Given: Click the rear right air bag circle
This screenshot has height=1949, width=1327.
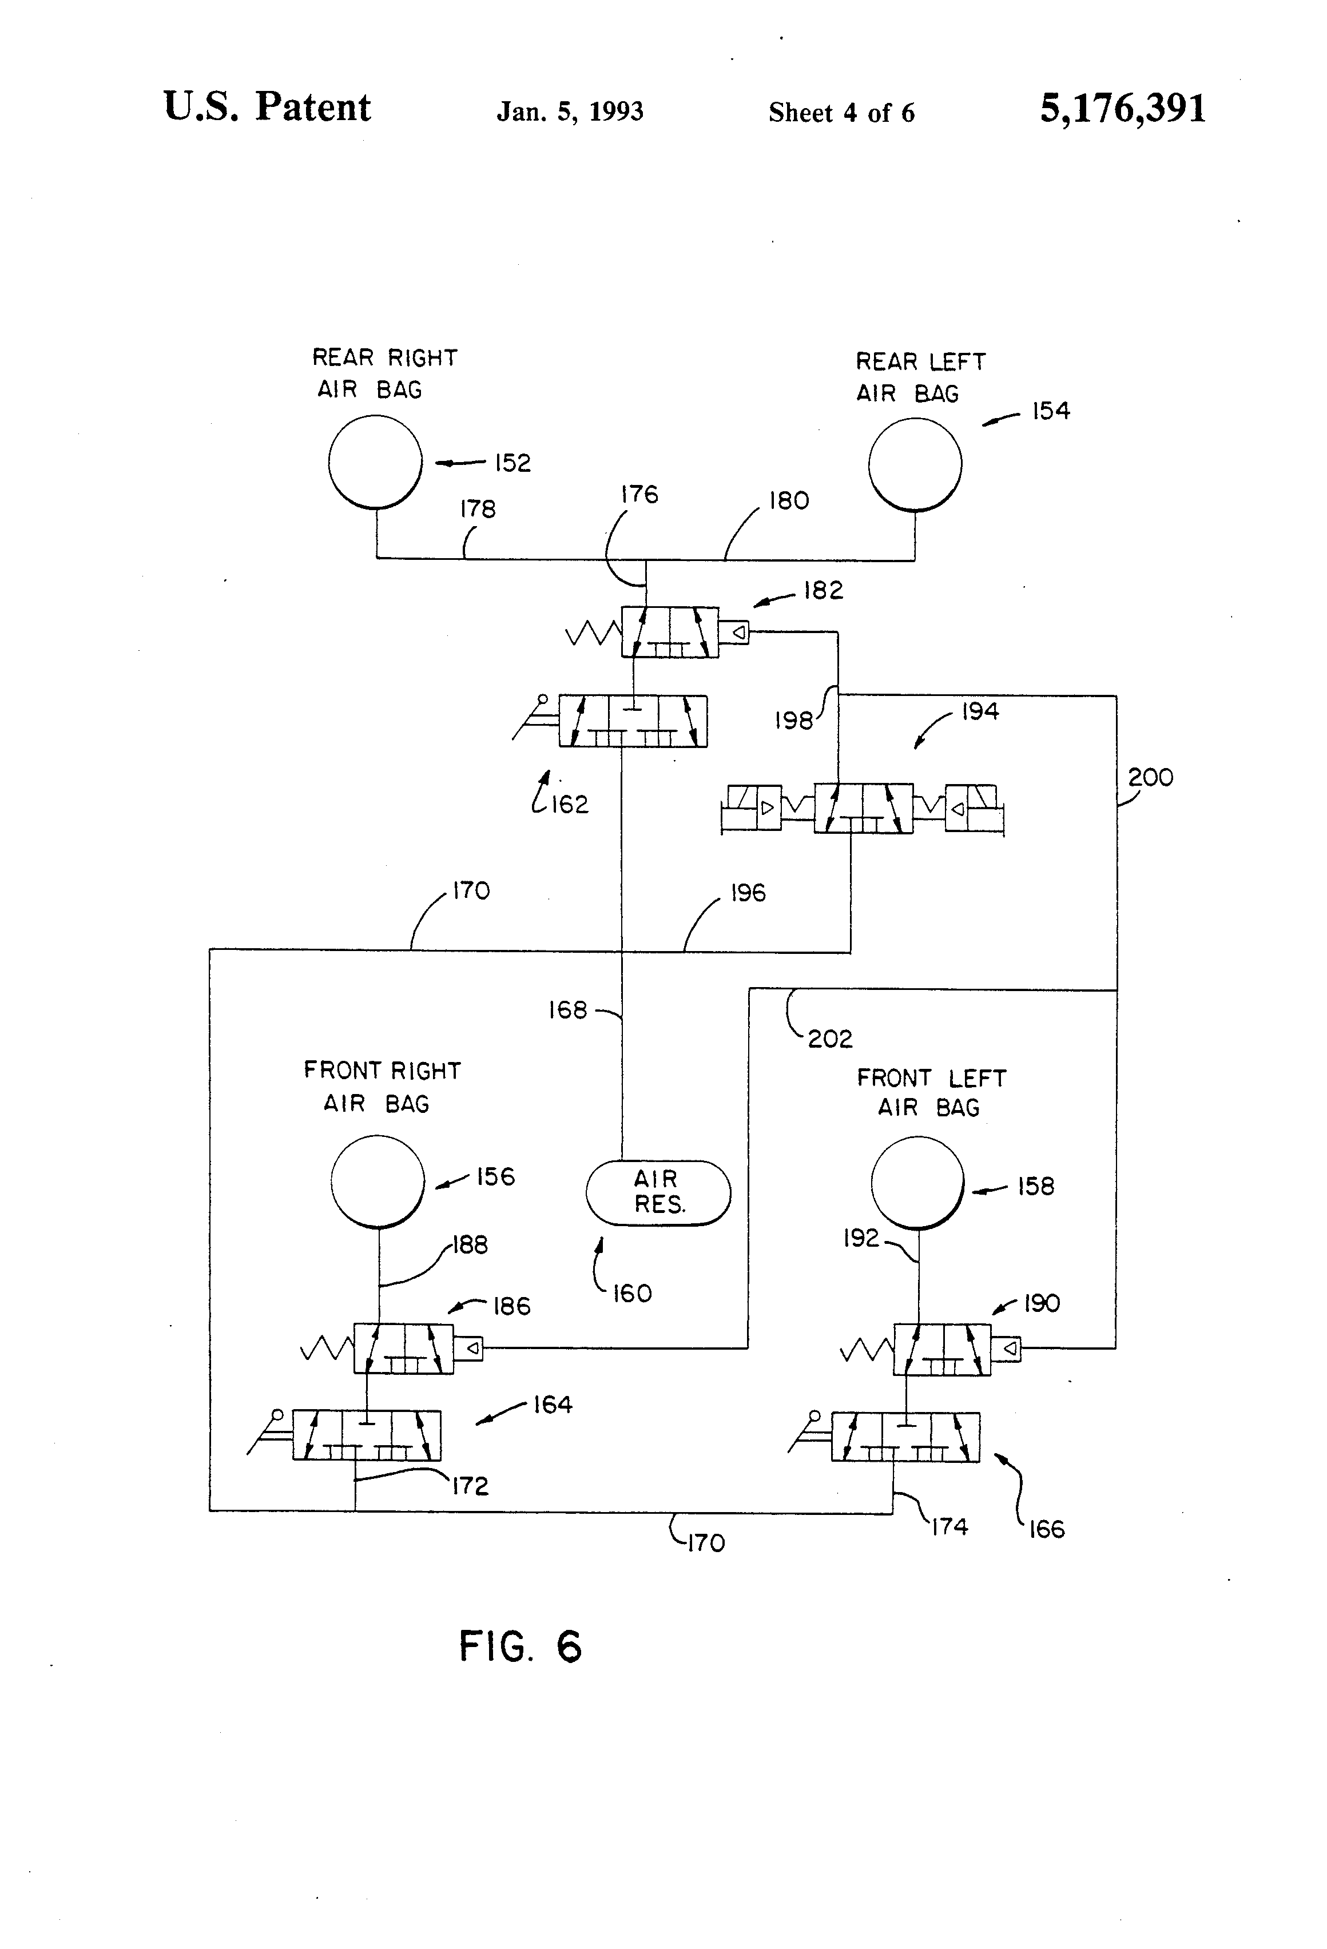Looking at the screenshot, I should point(375,462).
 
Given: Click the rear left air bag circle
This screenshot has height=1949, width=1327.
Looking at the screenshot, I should point(915,464).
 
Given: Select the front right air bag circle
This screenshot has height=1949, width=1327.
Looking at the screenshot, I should point(378,1181).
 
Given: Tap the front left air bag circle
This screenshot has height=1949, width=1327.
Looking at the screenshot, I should point(917,1183).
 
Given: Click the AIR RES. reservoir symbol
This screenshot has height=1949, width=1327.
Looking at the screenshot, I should point(658,1192).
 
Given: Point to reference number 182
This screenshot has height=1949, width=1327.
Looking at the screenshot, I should point(823,590).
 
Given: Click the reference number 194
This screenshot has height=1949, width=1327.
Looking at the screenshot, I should point(980,711).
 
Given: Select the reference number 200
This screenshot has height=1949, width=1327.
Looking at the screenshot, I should point(1150,777).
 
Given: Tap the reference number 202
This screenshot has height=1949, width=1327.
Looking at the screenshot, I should point(829,1039).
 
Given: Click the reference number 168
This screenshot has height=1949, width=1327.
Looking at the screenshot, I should point(568,1010).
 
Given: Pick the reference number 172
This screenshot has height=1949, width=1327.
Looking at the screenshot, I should point(470,1486).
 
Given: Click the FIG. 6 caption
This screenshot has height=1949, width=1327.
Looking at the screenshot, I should point(520,1646).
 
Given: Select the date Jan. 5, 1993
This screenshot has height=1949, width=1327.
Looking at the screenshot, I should point(570,112).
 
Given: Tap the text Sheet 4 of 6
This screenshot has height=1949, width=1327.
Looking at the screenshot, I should point(841,113).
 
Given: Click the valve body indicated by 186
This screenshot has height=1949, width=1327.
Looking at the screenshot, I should point(403,1348).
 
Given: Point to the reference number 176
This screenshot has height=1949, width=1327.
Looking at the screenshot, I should point(639,495).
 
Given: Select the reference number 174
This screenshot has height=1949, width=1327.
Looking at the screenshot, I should point(949,1526).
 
